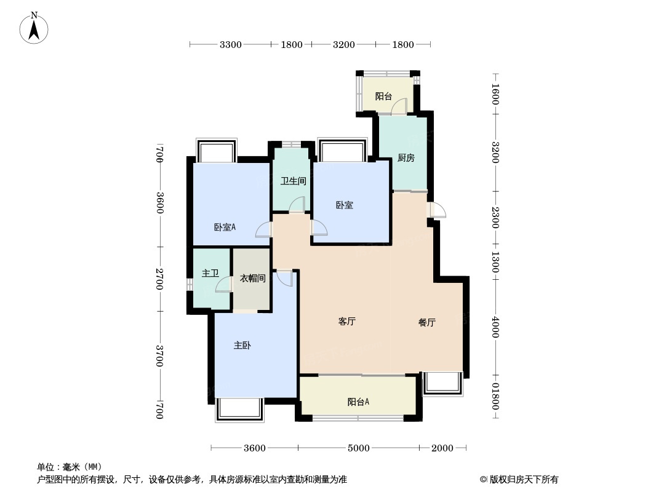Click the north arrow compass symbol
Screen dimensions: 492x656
click(x=34, y=27)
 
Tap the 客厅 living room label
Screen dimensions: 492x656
click(x=347, y=322)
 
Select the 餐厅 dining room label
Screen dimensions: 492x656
click(x=426, y=322)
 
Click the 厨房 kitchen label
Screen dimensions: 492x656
click(x=406, y=158)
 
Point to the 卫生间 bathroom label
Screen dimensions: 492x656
click(x=294, y=181)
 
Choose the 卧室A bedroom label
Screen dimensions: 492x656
click(x=225, y=227)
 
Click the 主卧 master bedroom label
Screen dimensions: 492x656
click(x=242, y=346)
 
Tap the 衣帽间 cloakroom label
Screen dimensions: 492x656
click(x=252, y=279)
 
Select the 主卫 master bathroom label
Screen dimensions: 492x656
click(x=210, y=273)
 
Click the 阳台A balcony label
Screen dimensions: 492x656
click(x=358, y=402)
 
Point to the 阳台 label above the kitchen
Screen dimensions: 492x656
click(x=383, y=97)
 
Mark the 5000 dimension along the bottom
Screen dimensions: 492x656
click(x=358, y=448)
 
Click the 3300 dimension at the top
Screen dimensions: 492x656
click(x=231, y=44)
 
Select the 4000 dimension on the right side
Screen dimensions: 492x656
click(x=495, y=326)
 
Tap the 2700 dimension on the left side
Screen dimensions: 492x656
click(x=159, y=279)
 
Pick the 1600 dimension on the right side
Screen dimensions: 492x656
click(x=495, y=95)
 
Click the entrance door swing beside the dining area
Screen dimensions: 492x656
click(x=438, y=210)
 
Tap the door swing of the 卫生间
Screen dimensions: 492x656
click(x=297, y=205)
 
